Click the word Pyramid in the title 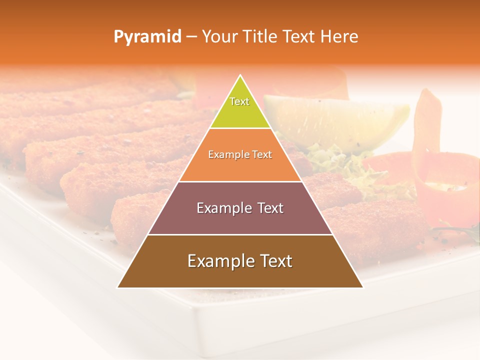coord(147,37)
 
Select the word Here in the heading coord(339,37)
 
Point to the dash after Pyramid coord(191,37)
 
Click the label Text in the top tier coord(239,101)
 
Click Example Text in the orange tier coord(240,154)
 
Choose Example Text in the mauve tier coord(240,208)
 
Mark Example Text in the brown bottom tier coord(240,261)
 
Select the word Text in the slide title coord(300,37)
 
